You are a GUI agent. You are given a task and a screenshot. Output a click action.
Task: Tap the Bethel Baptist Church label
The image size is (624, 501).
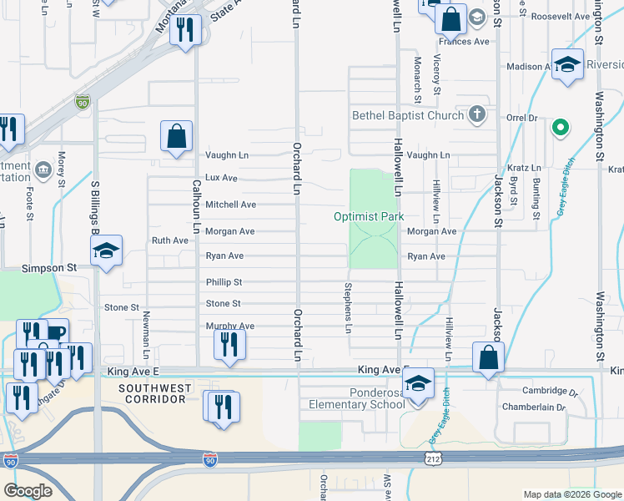pyautogui.click(x=407, y=115)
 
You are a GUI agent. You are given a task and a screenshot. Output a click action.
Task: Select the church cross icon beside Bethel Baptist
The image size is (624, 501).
pyautogui.click(x=477, y=114)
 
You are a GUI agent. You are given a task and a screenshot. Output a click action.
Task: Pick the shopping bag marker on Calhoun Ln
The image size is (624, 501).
pyautogui.click(x=177, y=138)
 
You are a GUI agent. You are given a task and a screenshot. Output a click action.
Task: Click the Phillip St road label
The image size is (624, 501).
pyautogui.click(x=224, y=282)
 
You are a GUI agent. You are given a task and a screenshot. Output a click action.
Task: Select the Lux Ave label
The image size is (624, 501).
pyautogui.click(x=221, y=178)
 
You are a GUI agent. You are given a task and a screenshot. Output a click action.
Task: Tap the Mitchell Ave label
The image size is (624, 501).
pyautogui.click(x=230, y=205)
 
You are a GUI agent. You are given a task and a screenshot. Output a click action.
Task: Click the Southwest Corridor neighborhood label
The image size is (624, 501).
pyautogui.click(x=151, y=394)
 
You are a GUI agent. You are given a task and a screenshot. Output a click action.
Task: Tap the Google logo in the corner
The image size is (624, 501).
pyautogui.click(x=28, y=491)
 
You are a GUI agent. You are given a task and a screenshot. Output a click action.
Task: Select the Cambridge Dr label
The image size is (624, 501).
pyautogui.click(x=550, y=390)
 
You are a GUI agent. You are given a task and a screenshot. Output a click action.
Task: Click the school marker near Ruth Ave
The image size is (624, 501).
pyautogui.click(x=107, y=252)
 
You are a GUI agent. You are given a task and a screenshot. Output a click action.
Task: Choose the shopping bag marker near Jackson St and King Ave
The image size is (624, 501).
pyautogui.click(x=489, y=358)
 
